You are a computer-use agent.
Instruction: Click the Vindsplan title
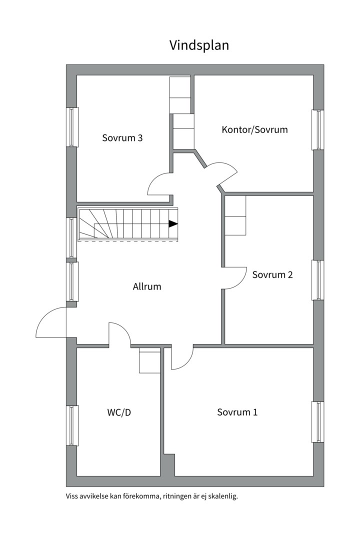tap(199, 45)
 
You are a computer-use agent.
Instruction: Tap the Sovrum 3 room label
tap(122, 137)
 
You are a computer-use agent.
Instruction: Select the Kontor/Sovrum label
tap(254, 129)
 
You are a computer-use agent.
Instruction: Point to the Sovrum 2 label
tap(272, 274)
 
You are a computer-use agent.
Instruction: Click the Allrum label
tap(147, 286)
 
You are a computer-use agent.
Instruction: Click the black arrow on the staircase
tap(173, 223)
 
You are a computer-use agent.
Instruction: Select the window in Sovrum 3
tap(72, 127)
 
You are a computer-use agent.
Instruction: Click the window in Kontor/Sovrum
tap(317, 129)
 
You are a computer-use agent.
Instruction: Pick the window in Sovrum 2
tap(317, 280)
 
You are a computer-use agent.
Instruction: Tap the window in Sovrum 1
tap(317, 421)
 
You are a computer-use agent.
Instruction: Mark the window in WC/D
tap(72, 425)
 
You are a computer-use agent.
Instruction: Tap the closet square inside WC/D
tap(149, 360)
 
